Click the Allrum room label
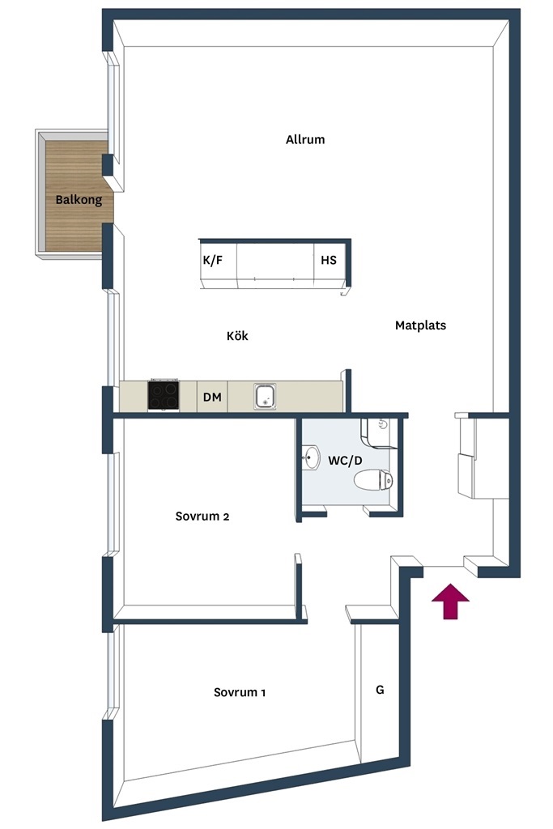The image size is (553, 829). click(x=305, y=139)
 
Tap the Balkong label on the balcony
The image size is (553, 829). click(x=79, y=200)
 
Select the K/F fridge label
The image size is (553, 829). click(x=212, y=260)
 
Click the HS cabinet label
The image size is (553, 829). click(x=328, y=260)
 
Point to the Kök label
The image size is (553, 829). click(x=237, y=336)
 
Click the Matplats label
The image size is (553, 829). click(x=420, y=325)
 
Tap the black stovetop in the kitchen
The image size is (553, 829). click(x=164, y=395)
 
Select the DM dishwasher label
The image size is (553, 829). click(x=212, y=397)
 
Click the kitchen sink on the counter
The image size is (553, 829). click(x=265, y=397)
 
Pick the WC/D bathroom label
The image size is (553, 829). click(x=345, y=461)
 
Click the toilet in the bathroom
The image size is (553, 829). click(x=373, y=480)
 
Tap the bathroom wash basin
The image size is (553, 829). click(x=311, y=458)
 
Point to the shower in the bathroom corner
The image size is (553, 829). click(x=377, y=432)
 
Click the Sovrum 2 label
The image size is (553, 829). click(x=202, y=516)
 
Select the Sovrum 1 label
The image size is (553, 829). click(x=240, y=692)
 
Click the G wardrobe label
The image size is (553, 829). click(x=380, y=690)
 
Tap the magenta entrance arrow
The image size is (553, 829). click(x=450, y=602)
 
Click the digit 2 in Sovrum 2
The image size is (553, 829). click(x=226, y=517)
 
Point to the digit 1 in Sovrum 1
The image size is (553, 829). click(x=263, y=693)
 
